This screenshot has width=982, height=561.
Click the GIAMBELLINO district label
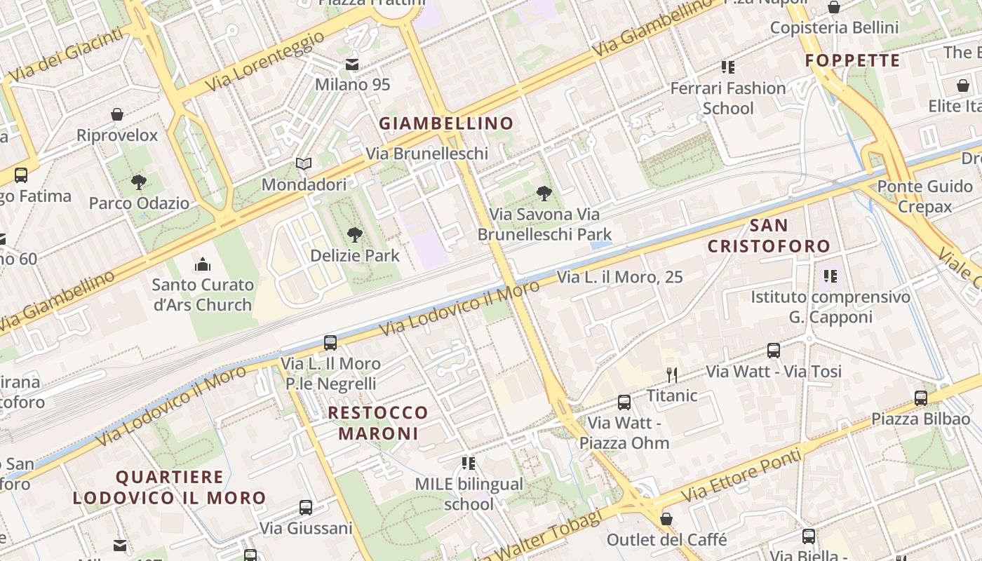(x=446, y=124)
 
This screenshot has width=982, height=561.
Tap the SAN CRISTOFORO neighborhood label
(x=769, y=236)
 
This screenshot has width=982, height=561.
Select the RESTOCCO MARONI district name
(x=378, y=423)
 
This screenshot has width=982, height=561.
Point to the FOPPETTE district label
(x=852, y=61)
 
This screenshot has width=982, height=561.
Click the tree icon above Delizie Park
(x=355, y=235)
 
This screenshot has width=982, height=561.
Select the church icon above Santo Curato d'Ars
(x=203, y=264)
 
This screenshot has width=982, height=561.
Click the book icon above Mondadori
(x=304, y=164)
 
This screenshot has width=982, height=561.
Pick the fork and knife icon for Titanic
(x=671, y=375)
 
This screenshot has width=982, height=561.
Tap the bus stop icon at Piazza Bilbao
(x=921, y=398)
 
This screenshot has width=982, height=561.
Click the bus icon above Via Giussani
(x=306, y=508)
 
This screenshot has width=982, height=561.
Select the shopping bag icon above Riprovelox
(x=117, y=114)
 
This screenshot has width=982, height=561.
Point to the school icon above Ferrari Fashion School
(x=728, y=67)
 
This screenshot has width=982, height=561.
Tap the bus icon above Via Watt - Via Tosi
(x=774, y=351)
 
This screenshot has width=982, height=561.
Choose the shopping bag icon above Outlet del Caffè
(x=666, y=519)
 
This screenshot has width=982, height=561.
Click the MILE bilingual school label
(x=469, y=494)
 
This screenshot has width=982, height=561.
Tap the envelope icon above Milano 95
(x=352, y=65)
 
